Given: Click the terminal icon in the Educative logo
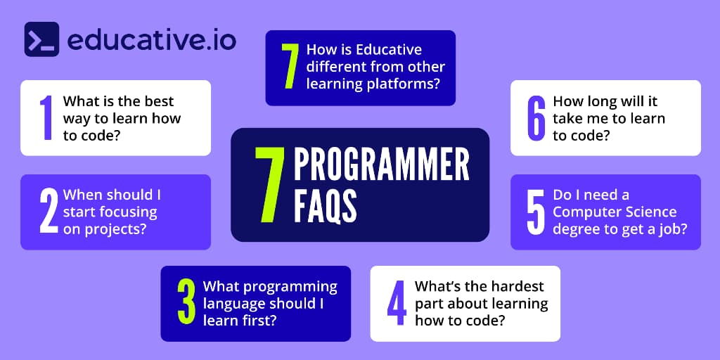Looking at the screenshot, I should pos(41,39).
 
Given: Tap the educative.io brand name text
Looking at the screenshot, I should pos(151,39).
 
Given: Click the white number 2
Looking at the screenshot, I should pos(49,212).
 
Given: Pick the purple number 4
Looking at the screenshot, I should pos(397,304).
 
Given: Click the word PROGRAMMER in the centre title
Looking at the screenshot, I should pos(381,166).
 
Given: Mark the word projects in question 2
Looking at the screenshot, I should pos(115,229).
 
